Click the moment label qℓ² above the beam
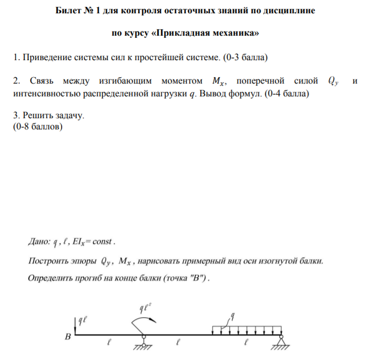(x=145, y=307)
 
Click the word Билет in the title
(x=68, y=11)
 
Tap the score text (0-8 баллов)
(x=37, y=127)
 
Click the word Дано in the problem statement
(x=38, y=242)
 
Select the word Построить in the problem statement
(x=47, y=261)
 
